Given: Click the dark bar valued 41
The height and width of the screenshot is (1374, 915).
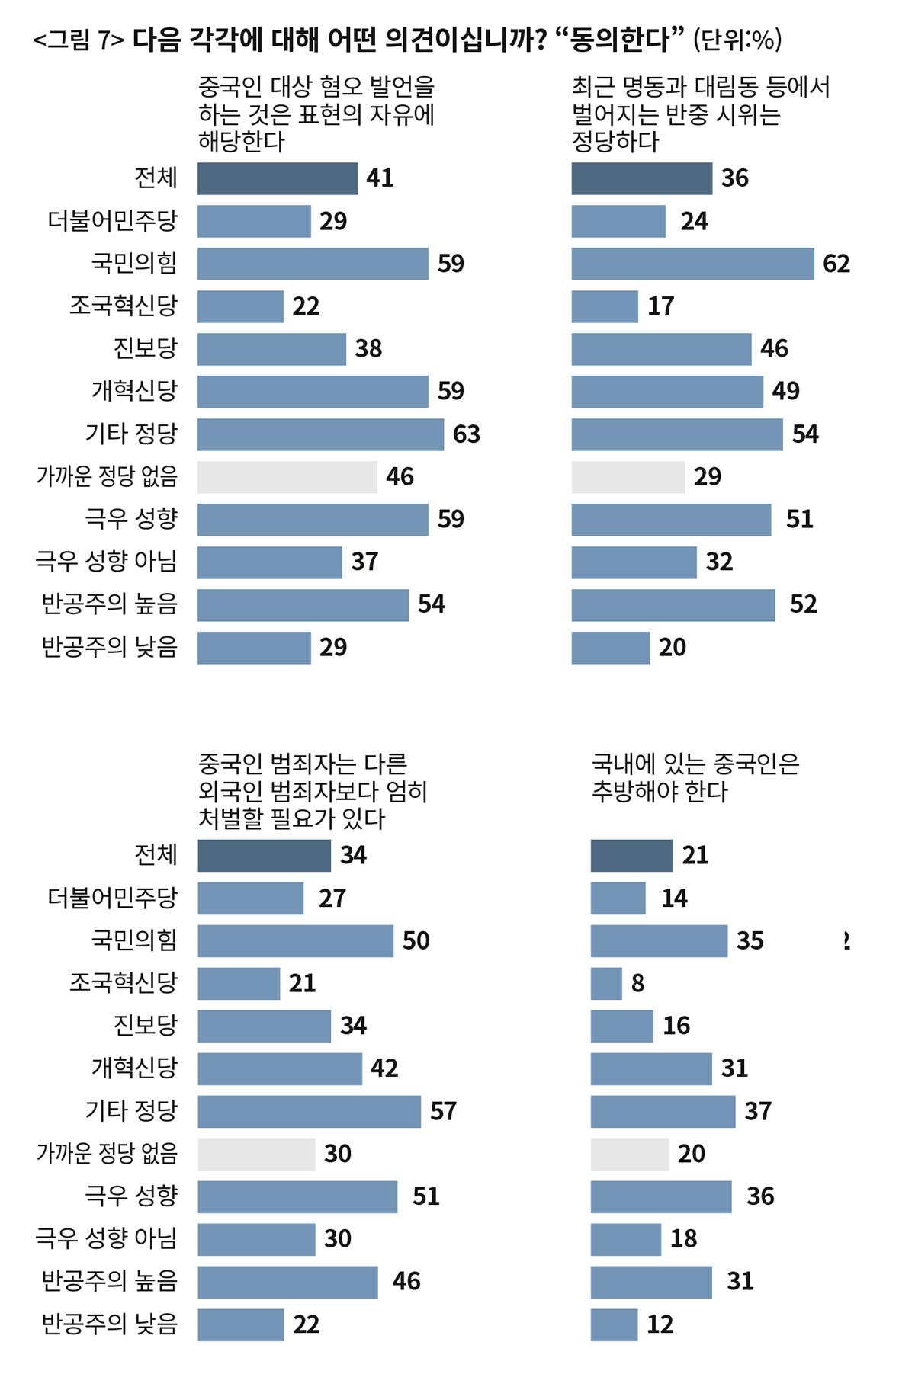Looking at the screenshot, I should [x=277, y=178].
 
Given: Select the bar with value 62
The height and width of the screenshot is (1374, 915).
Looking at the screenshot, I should [x=692, y=264].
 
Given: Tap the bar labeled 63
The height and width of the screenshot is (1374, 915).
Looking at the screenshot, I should [x=320, y=434].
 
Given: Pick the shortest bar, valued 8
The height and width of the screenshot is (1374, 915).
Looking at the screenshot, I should [x=606, y=983].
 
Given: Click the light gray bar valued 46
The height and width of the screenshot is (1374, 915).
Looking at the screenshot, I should [x=287, y=477].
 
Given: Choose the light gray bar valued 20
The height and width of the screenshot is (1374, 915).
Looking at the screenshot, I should [x=629, y=1154].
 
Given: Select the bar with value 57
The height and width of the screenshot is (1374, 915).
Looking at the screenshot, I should [x=309, y=1111].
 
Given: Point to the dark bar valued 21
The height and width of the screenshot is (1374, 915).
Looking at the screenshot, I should [x=631, y=855].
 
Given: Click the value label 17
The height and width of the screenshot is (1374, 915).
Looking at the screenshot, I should [x=660, y=306].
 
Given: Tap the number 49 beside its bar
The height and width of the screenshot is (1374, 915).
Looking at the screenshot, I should [x=785, y=391].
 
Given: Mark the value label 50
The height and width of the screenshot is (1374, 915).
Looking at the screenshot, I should [x=416, y=940].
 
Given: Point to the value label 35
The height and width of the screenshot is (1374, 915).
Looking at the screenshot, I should [x=750, y=940].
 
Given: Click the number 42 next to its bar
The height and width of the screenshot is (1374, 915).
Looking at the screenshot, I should [x=384, y=1068].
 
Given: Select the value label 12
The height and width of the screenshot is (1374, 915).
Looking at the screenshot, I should [x=660, y=1324].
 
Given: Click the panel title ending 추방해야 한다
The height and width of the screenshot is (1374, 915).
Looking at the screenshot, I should [x=695, y=777].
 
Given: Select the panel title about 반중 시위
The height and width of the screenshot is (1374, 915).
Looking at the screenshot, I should [x=700, y=114].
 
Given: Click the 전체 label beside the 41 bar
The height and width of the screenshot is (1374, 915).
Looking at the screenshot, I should [x=156, y=178].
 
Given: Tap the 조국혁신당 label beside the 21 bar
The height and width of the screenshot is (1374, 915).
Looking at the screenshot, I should [x=123, y=983].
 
